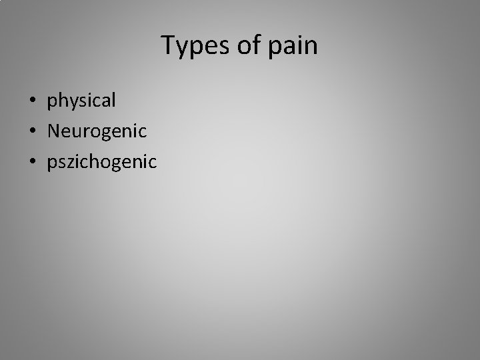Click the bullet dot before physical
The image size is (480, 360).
tap(32, 101)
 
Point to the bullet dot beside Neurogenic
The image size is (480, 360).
tap(32, 131)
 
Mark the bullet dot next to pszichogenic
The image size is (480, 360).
tap(32, 161)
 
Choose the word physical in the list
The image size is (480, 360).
tap(81, 101)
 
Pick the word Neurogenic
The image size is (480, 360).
tap(97, 131)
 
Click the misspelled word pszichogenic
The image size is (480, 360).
tap(102, 161)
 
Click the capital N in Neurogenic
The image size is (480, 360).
tap(53, 131)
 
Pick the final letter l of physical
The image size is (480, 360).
tap(114, 100)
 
